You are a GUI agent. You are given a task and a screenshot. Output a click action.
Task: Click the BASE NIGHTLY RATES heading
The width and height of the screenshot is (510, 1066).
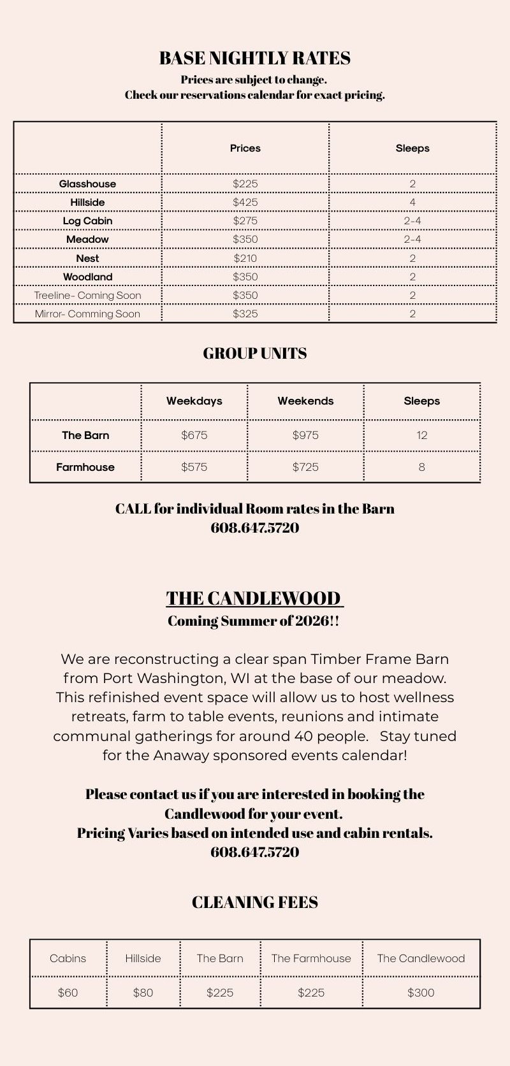click(254, 59)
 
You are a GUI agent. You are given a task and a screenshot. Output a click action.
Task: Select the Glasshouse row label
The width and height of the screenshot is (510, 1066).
click(87, 184)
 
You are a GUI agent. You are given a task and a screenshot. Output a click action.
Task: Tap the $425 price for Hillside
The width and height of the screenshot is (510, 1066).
click(245, 203)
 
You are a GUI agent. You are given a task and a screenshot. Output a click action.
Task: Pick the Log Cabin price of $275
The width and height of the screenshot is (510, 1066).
click(245, 221)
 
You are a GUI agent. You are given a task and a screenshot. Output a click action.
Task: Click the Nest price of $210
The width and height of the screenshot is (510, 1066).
click(245, 258)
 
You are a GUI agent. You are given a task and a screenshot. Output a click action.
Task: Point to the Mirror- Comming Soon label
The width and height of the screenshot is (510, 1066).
click(87, 313)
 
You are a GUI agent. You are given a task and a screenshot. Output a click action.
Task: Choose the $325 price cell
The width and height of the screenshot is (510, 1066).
click(245, 313)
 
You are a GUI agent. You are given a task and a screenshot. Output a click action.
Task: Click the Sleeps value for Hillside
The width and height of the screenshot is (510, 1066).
click(412, 203)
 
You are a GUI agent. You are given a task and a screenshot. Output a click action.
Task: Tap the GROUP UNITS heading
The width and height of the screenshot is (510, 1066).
click(254, 354)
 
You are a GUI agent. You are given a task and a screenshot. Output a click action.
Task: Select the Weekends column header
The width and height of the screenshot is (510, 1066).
click(305, 401)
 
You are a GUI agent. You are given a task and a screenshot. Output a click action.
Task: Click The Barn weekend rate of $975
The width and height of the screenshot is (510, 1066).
click(305, 435)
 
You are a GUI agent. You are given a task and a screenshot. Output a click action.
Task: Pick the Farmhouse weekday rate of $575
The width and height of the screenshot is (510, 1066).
click(194, 467)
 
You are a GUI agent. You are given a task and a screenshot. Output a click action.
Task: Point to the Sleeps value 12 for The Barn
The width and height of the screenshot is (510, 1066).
click(421, 435)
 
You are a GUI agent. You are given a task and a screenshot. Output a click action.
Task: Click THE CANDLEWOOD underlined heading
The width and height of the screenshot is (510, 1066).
click(254, 598)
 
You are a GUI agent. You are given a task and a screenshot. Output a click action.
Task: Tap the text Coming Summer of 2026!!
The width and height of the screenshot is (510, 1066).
click(253, 621)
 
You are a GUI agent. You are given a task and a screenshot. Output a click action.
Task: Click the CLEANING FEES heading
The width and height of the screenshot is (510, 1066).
click(254, 902)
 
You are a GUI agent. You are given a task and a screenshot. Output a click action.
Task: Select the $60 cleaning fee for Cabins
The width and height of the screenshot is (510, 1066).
click(68, 992)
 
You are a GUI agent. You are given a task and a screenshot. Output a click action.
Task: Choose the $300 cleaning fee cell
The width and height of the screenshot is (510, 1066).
click(421, 992)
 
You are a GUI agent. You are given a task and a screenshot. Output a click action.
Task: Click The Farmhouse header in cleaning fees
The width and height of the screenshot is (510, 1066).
click(311, 958)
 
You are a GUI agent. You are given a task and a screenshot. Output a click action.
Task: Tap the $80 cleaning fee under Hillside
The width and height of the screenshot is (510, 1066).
click(143, 992)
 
